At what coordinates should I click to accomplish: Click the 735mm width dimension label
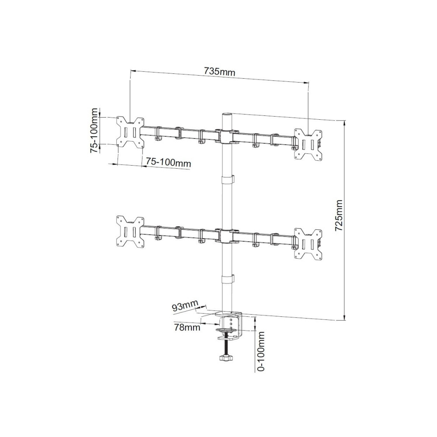219,72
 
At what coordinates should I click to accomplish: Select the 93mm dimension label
185,306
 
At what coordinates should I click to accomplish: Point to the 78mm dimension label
187,327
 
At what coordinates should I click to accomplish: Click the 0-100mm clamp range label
261,351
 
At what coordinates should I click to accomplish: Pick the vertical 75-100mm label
94,130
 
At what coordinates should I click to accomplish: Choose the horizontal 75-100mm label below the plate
169,163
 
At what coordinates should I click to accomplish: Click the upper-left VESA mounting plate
130,132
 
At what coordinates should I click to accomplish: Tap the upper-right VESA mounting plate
309,145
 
